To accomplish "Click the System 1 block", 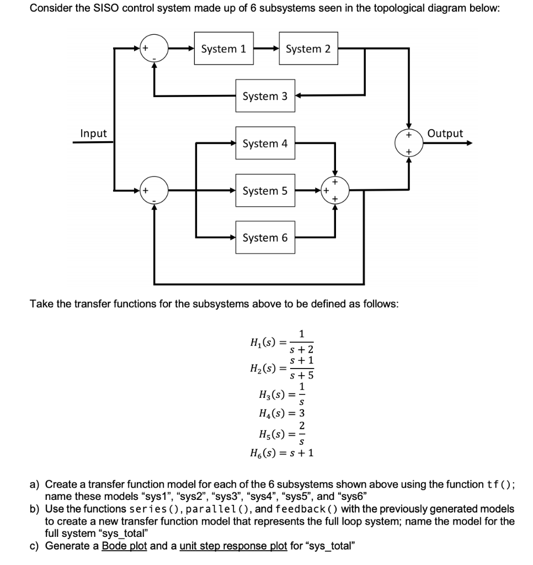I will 223,49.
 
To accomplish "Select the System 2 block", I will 308,49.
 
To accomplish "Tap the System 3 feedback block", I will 265,96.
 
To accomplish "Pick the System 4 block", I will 265,143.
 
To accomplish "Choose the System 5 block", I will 265,191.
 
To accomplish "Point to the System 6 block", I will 265,238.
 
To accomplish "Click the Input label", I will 94,134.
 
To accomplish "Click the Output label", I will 445,134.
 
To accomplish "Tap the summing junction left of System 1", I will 154,49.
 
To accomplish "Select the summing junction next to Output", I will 408,143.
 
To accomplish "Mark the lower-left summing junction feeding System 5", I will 154,191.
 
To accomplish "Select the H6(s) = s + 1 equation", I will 282,454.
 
